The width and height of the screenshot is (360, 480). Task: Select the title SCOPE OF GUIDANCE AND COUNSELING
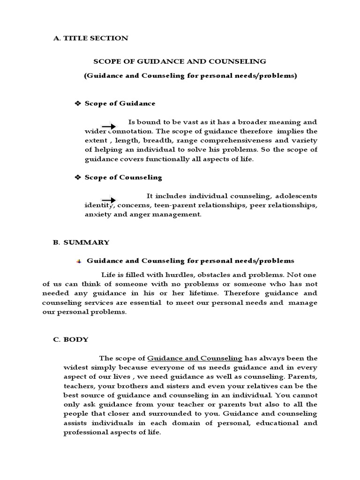pos(180,61)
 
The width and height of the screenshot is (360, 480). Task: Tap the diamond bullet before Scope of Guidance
pos(78,103)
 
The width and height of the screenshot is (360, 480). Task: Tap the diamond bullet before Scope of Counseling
pos(78,177)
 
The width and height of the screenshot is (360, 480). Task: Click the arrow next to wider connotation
pos(109,127)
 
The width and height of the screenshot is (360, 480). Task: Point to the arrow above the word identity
pos(109,200)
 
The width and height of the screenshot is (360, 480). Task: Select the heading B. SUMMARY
pos(81,242)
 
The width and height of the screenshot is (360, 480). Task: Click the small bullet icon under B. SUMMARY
pos(79,261)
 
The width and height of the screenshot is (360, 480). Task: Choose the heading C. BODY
pos(70,339)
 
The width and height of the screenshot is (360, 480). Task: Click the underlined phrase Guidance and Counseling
pos(195,358)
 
